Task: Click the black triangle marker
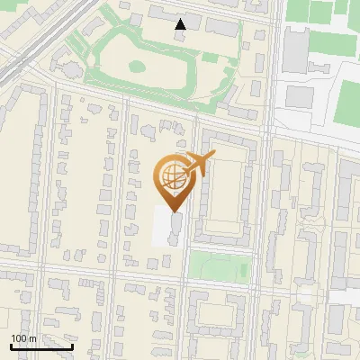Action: [x=181, y=24]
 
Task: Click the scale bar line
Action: [x=41, y=346]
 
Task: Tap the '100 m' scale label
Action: [x=23, y=338]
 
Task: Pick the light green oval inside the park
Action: [x=137, y=66]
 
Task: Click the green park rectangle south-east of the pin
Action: [x=220, y=266]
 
